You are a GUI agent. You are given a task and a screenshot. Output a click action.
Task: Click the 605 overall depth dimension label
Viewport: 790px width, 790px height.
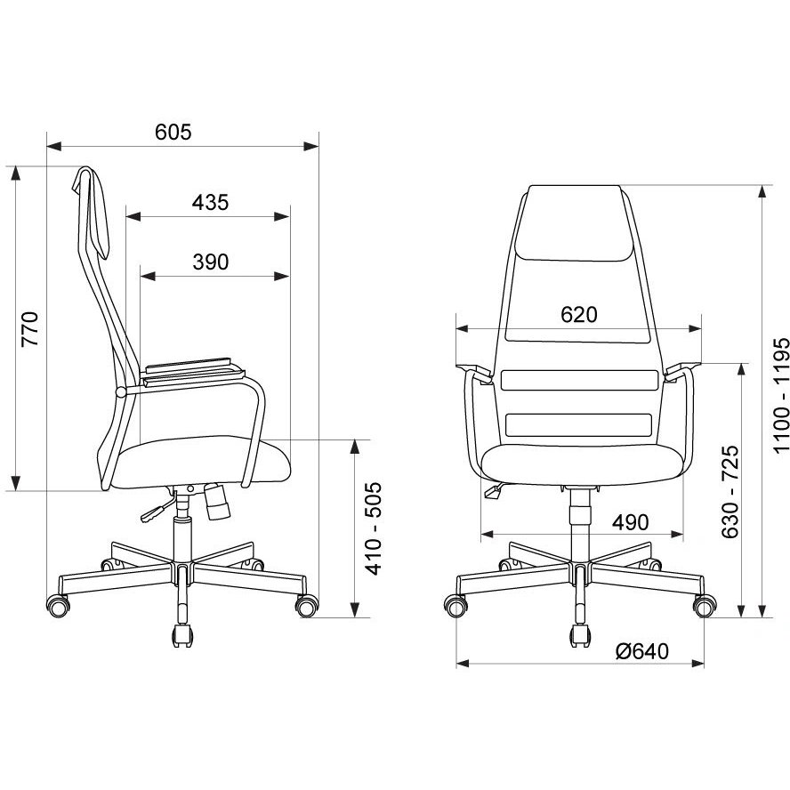(173, 132)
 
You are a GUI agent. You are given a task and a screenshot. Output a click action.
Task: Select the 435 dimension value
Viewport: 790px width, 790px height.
(210, 203)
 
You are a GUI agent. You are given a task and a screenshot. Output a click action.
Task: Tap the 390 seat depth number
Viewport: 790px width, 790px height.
(211, 262)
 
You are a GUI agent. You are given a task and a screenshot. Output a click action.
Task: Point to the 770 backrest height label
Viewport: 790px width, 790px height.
(29, 329)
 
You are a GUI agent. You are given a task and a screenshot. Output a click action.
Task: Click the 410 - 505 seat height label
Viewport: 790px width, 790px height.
(374, 528)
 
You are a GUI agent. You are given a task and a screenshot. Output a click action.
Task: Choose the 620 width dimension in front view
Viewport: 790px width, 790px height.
(579, 315)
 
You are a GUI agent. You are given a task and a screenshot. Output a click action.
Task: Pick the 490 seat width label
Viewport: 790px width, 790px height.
(630, 522)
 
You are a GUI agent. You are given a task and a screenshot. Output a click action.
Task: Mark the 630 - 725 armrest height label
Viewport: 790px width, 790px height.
(730, 492)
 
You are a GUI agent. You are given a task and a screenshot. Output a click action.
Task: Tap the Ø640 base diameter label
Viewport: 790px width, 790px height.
(642, 651)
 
